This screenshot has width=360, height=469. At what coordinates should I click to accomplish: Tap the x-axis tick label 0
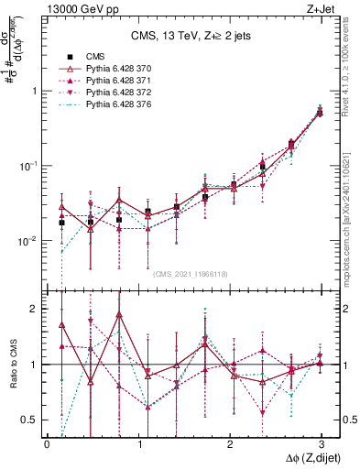[x=47, y=443]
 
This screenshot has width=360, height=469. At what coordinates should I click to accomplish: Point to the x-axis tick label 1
[x=138, y=443]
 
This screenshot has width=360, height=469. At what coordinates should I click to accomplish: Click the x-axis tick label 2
[x=229, y=443]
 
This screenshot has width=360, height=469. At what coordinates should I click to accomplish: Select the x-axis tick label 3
[x=321, y=443]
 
